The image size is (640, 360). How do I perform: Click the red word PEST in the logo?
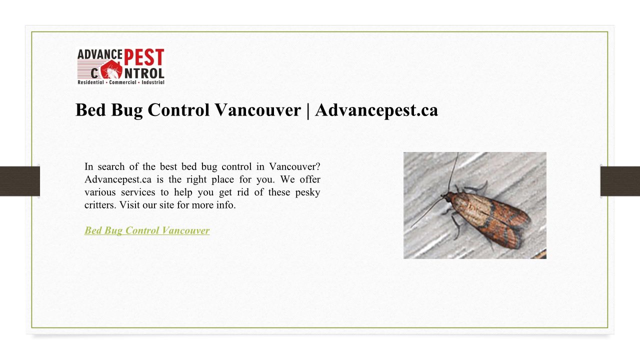click(144, 57)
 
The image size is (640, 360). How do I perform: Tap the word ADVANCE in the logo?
click(100, 54)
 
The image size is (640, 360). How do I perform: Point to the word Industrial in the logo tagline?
click(153, 82)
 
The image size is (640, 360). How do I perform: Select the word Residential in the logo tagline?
click(91, 82)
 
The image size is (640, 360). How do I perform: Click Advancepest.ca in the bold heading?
click(376, 110)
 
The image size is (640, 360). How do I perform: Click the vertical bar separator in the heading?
click(308, 110)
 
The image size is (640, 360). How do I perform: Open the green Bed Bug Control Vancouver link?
click(147, 230)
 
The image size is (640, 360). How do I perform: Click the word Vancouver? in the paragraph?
click(295, 166)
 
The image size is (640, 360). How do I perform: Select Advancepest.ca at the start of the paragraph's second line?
click(117, 179)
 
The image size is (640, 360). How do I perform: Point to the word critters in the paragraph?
click(99, 205)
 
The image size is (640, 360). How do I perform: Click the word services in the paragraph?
click(138, 192)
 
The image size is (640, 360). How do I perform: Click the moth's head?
click(446, 196)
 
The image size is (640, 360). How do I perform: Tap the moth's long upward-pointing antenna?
click(453, 172)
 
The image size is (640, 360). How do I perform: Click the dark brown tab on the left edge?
click(19, 181)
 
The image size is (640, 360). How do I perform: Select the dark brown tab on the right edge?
click(620, 181)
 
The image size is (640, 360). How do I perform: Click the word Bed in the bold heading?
click(91, 110)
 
